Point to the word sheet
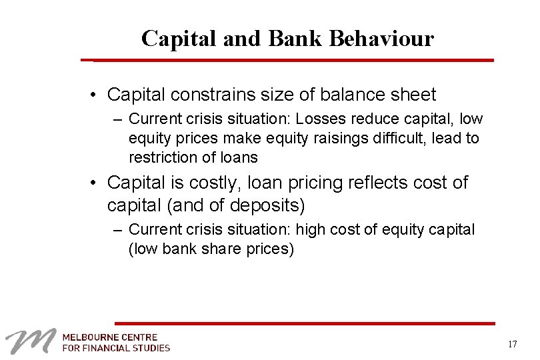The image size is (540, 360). [x=413, y=95]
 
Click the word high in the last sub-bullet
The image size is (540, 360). [x=310, y=230]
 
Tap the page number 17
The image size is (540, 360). [x=512, y=345]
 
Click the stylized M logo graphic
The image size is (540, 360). [x=29, y=342]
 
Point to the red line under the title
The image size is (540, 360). [x=293, y=60]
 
